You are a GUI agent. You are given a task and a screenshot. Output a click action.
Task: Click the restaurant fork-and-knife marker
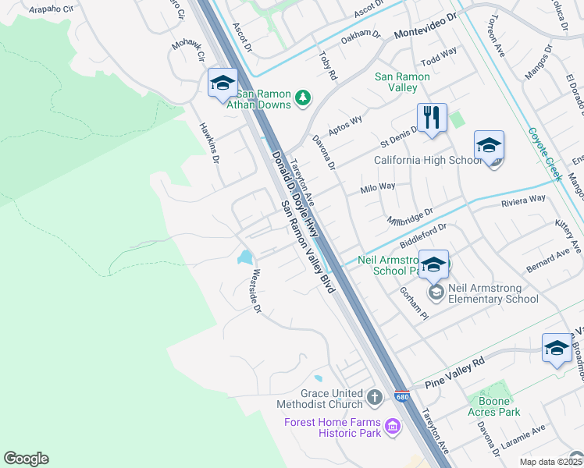click(x=432, y=118)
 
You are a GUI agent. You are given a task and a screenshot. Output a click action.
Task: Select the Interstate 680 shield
click(x=401, y=397)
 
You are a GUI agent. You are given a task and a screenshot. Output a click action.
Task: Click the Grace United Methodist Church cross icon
click(x=375, y=398)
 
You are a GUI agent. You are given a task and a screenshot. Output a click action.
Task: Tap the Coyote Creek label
click(x=545, y=154)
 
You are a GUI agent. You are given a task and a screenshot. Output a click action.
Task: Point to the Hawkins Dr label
click(x=209, y=144)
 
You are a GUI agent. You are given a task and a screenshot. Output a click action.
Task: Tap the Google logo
click(x=26, y=459)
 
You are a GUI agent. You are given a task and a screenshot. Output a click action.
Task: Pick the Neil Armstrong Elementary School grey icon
click(x=436, y=292)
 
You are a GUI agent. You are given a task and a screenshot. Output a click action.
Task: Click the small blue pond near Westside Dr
click(x=246, y=257)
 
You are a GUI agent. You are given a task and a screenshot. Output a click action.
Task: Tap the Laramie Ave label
click(x=528, y=434)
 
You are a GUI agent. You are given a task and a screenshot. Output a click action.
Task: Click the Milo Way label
click(x=377, y=187)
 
